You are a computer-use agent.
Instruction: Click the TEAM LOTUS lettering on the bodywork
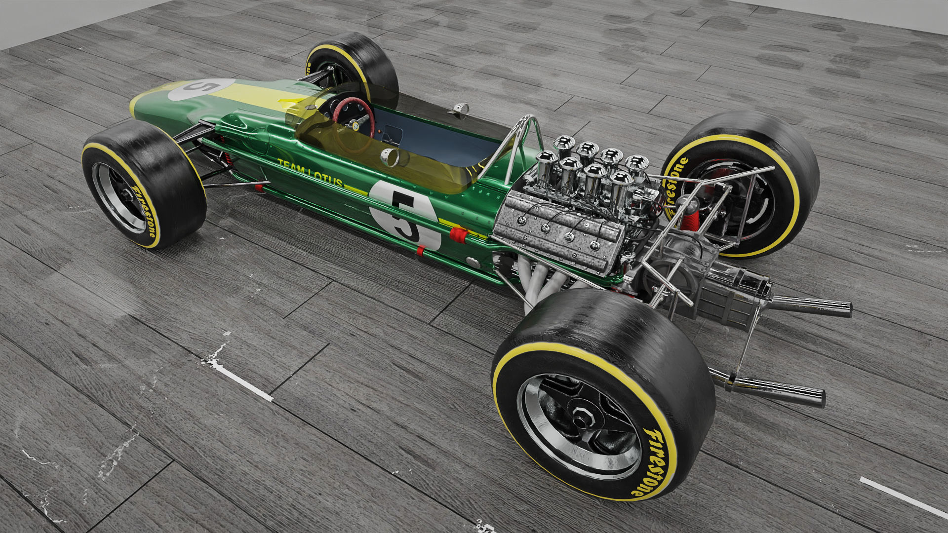[310, 173]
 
